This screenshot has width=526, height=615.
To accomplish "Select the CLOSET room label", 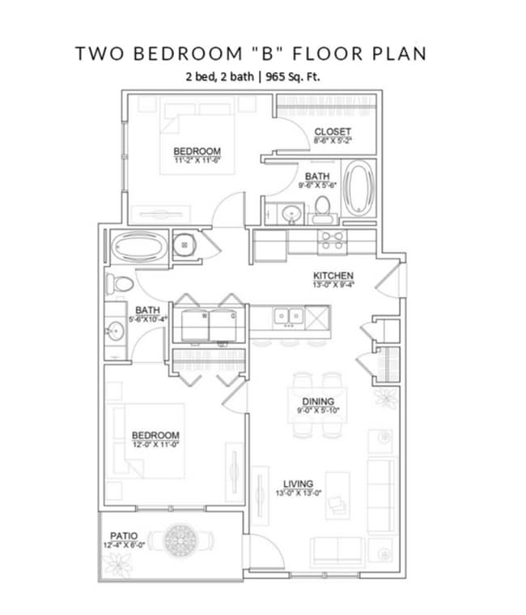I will (x=333, y=131).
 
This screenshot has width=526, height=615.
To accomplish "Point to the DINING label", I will (x=318, y=401).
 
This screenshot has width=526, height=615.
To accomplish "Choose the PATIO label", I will (x=124, y=536).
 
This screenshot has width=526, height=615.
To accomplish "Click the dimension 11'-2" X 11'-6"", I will (x=197, y=160).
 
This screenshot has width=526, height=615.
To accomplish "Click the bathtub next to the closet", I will (x=358, y=188).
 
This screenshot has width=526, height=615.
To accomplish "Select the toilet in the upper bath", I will (x=324, y=210).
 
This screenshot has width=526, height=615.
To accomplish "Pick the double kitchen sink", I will (x=288, y=315).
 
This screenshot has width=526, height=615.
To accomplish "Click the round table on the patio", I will (x=178, y=540).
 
